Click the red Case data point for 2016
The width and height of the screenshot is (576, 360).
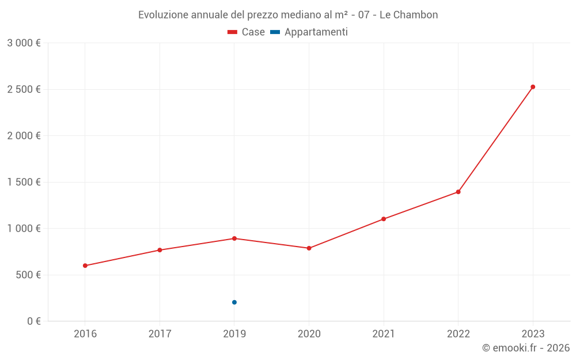click(x=85, y=266)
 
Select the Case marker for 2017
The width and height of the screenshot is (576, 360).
click(x=160, y=250)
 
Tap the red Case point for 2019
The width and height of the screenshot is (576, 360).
click(x=234, y=238)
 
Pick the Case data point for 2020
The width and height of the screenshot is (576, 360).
click(x=309, y=248)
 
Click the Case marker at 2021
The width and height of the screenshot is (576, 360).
click(x=384, y=219)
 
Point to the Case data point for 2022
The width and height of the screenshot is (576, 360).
click(x=458, y=192)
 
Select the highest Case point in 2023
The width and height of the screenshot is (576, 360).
click(x=533, y=87)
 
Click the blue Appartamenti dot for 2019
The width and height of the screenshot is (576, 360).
click(x=234, y=302)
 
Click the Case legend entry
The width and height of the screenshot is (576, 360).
click(x=247, y=32)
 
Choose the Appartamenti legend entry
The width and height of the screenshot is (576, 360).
click(x=309, y=32)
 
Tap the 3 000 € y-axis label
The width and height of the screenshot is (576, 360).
click(x=24, y=43)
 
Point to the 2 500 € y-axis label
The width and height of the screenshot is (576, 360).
click(x=24, y=89)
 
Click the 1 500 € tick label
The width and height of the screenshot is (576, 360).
click(x=24, y=182)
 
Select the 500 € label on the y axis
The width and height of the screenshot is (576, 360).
click(x=26, y=275)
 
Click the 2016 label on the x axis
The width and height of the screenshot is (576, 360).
click(x=85, y=334)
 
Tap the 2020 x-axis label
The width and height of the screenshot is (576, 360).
click(x=309, y=334)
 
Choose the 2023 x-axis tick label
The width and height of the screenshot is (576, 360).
click(x=533, y=334)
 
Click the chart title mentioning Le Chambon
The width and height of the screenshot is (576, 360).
click(x=288, y=15)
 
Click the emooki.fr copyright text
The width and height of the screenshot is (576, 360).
click(x=526, y=348)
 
